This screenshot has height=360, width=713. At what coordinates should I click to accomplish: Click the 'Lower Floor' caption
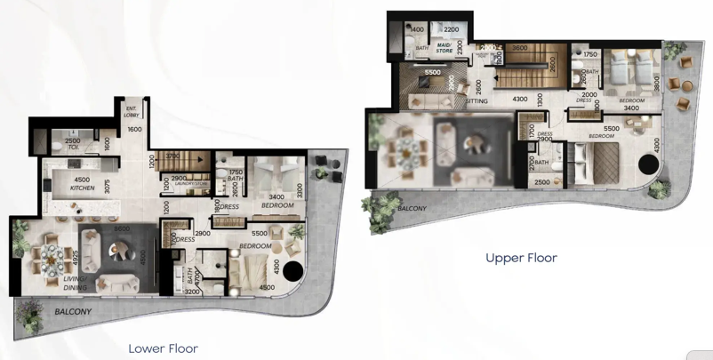[x=163, y=348]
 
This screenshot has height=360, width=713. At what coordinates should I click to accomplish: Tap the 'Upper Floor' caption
[x=521, y=258]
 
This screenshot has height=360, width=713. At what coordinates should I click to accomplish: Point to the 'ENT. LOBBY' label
[x=132, y=113]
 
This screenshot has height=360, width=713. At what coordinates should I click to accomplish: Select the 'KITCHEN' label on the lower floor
[x=82, y=188]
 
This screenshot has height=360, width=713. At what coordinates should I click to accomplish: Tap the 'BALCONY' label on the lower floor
[x=73, y=312]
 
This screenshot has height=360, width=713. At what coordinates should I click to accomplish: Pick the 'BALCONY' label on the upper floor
[x=412, y=209]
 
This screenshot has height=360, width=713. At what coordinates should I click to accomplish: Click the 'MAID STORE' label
[x=445, y=48]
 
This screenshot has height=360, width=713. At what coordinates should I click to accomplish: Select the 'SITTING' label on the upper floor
[x=477, y=101]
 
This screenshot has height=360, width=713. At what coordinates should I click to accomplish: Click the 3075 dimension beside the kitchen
[x=107, y=186]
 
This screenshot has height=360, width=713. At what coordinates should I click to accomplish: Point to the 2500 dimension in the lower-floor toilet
[x=73, y=141]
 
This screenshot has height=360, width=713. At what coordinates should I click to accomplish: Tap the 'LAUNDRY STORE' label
[x=190, y=184]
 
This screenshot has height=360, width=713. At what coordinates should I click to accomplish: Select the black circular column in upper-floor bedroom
[x=648, y=165]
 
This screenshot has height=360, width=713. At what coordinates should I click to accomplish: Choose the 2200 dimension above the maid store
[x=451, y=29]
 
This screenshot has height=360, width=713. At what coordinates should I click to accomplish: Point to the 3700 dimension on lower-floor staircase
[x=172, y=156]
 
